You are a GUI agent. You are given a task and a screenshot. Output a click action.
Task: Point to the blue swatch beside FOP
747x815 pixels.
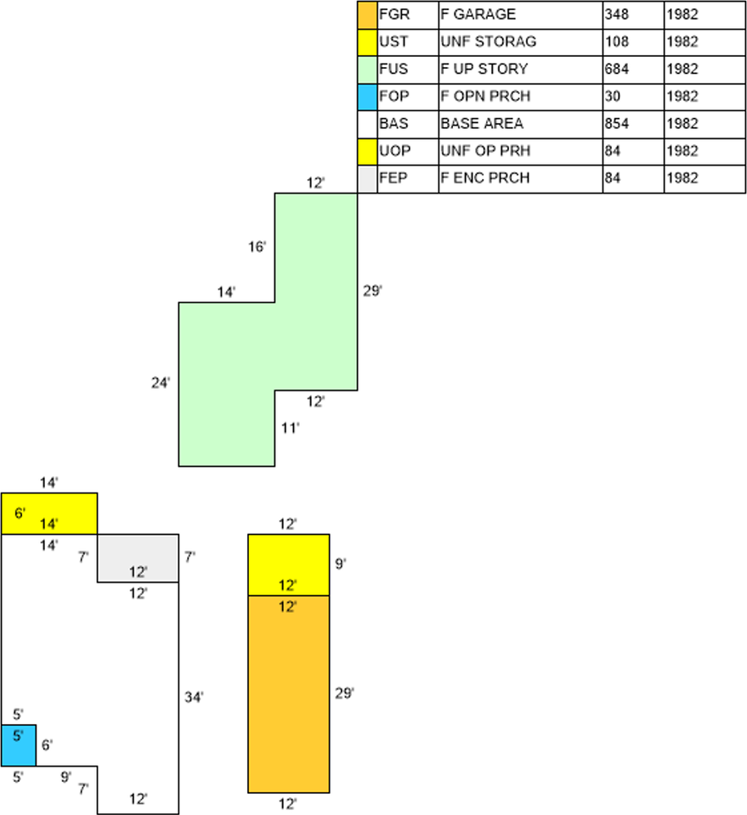pos(367,97)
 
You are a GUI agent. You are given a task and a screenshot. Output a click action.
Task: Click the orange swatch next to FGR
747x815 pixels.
pos(367,15)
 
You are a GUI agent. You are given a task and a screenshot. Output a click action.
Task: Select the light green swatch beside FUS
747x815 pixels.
pos(367,70)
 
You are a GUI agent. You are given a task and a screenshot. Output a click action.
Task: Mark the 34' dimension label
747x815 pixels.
pos(194,697)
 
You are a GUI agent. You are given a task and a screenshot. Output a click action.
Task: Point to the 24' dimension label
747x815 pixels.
pos(161,383)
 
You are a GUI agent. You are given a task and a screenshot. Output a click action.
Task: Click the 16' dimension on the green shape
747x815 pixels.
pos(257,246)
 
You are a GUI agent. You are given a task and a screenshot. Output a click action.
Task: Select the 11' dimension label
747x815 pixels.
pos(291,428)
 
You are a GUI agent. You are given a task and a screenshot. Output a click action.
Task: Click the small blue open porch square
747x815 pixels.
pos(18,745)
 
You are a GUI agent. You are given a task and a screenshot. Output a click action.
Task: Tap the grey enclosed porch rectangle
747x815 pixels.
pos(138,559)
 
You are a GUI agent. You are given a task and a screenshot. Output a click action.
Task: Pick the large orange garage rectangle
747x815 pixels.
pos(289,694)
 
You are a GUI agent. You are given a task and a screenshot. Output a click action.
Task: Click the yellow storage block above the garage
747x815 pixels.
pos(289,565)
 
